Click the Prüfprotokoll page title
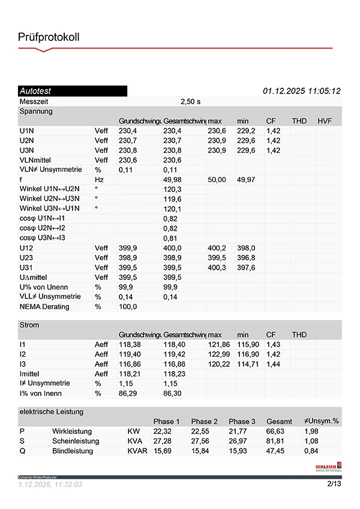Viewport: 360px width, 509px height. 49,37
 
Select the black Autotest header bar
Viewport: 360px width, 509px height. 73,91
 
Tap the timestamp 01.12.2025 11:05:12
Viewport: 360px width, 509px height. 302,91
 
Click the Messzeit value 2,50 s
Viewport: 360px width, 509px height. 190,101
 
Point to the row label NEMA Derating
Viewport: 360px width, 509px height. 44,307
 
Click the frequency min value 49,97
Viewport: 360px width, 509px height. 245,180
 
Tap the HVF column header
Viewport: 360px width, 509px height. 325,121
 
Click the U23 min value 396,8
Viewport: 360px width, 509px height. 245,258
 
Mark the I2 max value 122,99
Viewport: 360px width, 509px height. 218,354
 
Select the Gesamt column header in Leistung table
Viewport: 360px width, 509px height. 279,421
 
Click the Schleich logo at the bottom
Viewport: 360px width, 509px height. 328,466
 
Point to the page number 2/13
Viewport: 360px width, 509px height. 334,484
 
